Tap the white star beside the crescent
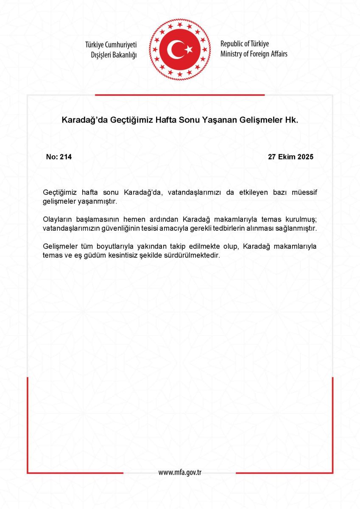pyautogui.click(x=188, y=50)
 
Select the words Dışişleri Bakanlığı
pyautogui.click(x=114, y=55)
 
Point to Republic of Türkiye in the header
pyautogui.click(x=245, y=44)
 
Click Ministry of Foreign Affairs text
pyautogui.click(x=254, y=54)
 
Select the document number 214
pyautogui.click(x=66, y=157)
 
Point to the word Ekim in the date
pyautogui.click(x=287, y=157)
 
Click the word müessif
pyautogui.click(x=304, y=193)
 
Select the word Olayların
pyautogui.click(x=58, y=220)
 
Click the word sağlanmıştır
pyautogui.click(x=296, y=228)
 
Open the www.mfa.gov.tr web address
pyautogui.click(x=180, y=473)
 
